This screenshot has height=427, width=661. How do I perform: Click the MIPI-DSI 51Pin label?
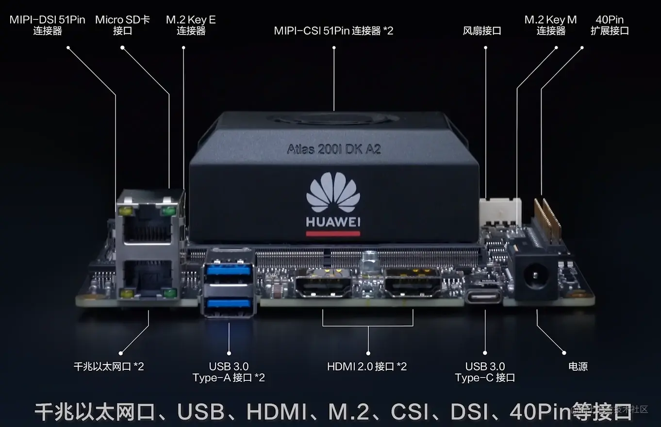click(x=47, y=25)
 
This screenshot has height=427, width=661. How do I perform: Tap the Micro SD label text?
click(x=122, y=25)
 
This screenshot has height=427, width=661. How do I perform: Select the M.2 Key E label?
click(x=191, y=25)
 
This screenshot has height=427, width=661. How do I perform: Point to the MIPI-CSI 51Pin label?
click(x=333, y=31)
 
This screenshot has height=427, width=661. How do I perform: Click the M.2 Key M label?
click(x=550, y=25)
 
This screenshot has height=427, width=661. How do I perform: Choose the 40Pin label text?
click(x=610, y=25)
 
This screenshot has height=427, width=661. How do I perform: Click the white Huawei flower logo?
click(x=333, y=192)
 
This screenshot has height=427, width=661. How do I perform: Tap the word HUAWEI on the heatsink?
click(x=333, y=222)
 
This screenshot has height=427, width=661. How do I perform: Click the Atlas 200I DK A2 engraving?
click(x=334, y=148)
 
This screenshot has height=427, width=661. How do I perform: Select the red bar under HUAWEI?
click(x=333, y=233)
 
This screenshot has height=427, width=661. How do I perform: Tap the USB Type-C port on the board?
click(x=485, y=296)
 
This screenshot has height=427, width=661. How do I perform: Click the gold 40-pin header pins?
click(x=547, y=216)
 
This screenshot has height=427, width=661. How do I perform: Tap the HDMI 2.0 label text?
click(x=367, y=366)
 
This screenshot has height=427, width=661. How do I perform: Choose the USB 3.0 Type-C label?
click(x=485, y=372)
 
